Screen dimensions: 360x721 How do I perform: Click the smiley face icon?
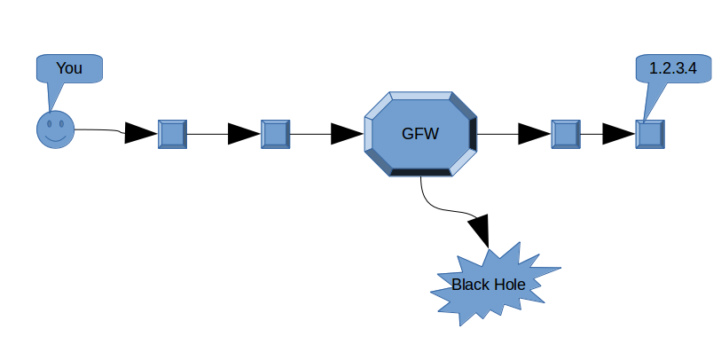pyautogui.click(x=55, y=130)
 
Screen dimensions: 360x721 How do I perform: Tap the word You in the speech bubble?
pyautogui.click(x=69, y=68)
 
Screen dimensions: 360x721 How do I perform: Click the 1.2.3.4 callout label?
pyautogui.click(x=673, y=68)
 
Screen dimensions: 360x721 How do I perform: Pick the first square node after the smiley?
pyautogui.click(x=172, y=134)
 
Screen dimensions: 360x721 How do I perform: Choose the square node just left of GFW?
pyautogui.click(x=276, y=134)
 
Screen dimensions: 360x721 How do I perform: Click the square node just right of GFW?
pyautogui.click(x=565, y=134)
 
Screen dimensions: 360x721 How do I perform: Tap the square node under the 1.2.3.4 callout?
pyautogui.click(x=650, y=134)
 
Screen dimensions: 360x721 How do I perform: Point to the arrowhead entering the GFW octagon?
pyautogui.click(x=347, y=134)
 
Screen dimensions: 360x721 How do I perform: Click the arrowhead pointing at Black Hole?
pyautogui.click(x=480, y=231)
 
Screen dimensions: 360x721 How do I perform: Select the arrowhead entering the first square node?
pyautogui.click(x=139, y=134)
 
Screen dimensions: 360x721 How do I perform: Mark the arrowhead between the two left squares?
pyautogui.click(x=243, y=134)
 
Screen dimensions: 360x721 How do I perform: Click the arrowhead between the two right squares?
pyautogui.click(x=618, y=134)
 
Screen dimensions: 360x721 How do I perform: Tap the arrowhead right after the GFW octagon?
pyautogui.click(x=533, y=134)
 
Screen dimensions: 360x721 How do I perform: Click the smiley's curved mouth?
pyautogui.click(x=55, y=139)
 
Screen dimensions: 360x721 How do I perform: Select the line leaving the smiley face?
pyautogui.click(x=98, y=130)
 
